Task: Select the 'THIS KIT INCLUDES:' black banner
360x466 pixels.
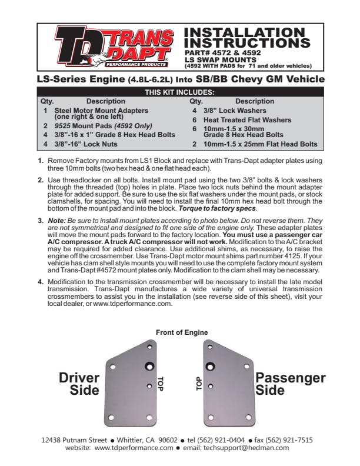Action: pos(179,92)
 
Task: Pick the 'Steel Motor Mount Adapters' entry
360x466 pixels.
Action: pos(101,110)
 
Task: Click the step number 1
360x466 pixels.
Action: pos(41,161)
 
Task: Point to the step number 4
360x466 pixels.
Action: pos(41,281)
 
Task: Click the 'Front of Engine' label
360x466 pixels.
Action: pos(182,332)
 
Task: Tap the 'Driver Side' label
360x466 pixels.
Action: pos(79,383)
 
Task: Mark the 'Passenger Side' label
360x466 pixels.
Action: pos(291,383)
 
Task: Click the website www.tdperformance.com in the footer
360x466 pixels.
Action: pos(134,447)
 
